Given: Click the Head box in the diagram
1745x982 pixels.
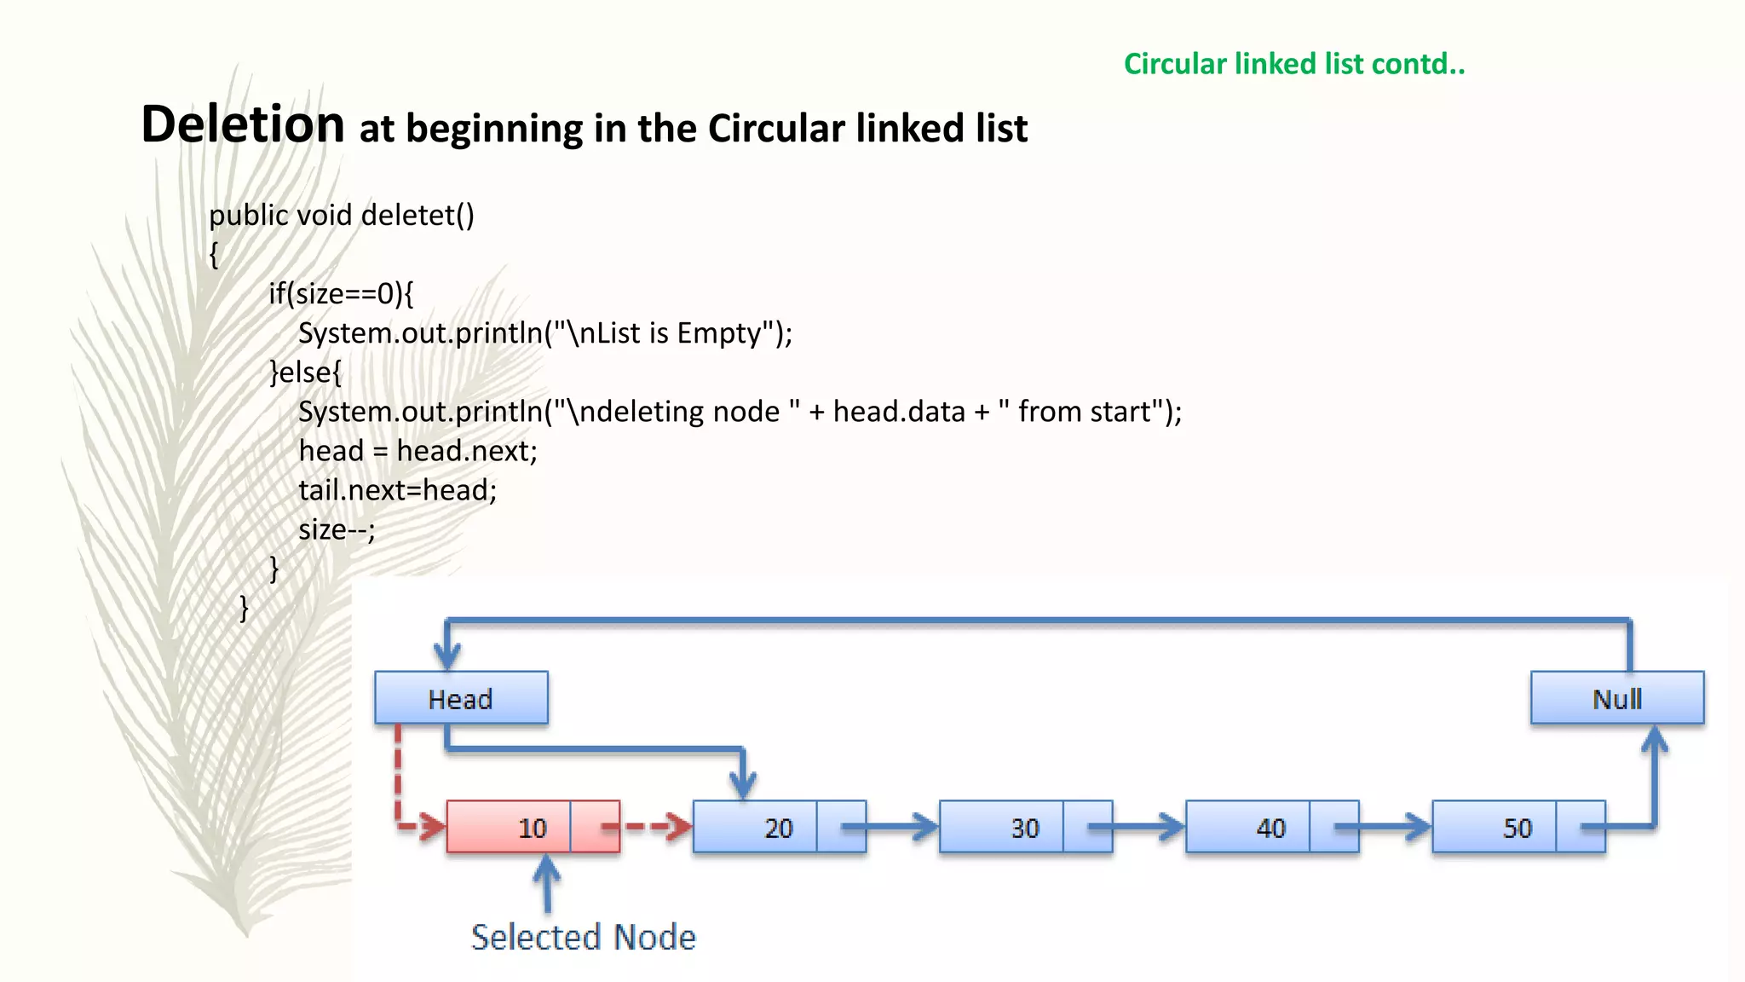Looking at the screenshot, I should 461,698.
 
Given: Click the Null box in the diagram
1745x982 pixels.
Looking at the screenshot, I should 1616,698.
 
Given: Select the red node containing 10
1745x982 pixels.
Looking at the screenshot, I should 533,827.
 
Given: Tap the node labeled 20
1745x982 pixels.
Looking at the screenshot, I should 779,827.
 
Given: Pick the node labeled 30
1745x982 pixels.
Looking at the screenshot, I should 1025,827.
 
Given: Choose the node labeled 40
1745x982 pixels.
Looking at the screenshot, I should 1271,827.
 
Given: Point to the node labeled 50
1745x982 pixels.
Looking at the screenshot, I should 1518,827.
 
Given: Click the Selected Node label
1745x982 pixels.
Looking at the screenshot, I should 584,937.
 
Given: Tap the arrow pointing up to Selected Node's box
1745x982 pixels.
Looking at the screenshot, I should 547,882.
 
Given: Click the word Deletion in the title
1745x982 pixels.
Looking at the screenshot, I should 243,124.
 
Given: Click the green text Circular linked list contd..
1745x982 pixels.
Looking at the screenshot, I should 1293,64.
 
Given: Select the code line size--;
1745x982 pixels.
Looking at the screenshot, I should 337,529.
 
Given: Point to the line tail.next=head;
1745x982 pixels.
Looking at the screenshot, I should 397,490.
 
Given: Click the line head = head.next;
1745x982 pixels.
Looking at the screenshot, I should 418,451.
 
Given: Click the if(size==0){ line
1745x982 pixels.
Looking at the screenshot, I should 341,293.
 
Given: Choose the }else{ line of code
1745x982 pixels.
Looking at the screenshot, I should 305,372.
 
